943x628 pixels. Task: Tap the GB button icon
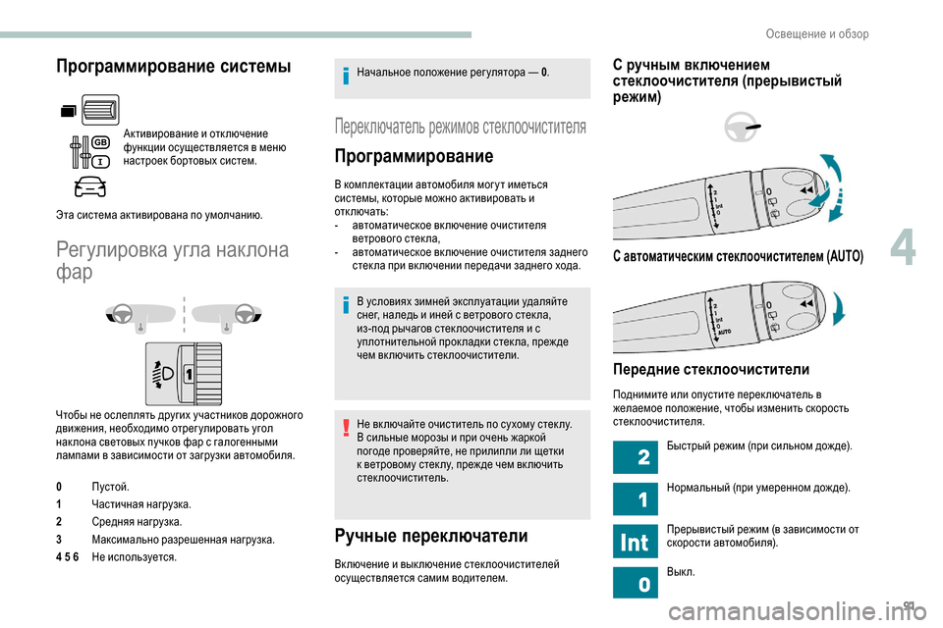(x=99, y=142)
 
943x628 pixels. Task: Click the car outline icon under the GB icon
(x=89, y=185)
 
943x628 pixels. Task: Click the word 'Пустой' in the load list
(x=108, y=486)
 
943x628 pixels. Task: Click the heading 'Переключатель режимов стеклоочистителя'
(x=461, y=127)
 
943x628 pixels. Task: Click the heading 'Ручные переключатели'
(x=431, y=536)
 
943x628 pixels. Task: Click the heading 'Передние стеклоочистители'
(x=710, y=369)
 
